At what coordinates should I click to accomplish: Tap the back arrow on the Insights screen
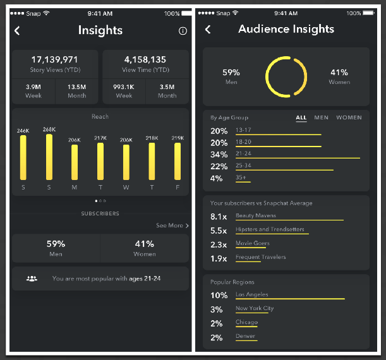18,30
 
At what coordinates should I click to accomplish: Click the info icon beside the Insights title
183,30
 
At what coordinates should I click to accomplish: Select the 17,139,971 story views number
54,59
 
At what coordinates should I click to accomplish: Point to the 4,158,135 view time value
145,59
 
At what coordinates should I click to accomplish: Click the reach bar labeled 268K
49,157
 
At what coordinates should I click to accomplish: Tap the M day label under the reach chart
75,188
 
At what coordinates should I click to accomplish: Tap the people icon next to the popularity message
32,278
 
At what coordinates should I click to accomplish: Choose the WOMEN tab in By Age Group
349,117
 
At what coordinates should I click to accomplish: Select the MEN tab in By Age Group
321,117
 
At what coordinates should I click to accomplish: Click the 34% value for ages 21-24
219,155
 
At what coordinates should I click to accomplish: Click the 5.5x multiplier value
219,231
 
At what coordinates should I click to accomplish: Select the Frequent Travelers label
260,257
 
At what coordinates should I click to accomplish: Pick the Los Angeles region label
251,295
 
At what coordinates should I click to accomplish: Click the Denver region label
246,337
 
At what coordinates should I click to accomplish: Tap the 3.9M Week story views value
33,87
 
